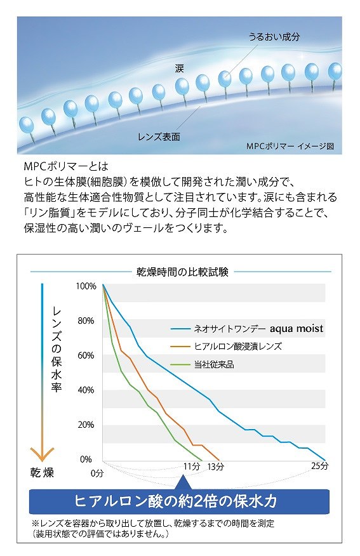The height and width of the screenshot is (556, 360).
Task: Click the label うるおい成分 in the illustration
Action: (x=274, y=37)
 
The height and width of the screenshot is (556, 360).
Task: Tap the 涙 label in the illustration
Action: (x=179, y=66)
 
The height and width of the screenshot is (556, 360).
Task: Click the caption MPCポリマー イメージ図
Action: (x=290, y=146)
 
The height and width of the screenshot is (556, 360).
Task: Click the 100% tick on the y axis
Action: (x=85, y=286)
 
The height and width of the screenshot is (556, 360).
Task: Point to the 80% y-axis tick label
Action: (x=86, y=321)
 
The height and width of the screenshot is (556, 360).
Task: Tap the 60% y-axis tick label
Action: (x=86, y=355)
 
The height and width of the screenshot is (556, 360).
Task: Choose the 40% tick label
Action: (x=86, y=390)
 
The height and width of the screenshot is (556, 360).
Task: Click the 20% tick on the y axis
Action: (x=86, y=425)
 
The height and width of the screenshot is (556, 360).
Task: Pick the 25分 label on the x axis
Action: (x=319, y=467)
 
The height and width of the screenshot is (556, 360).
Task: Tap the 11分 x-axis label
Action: (x=191, y=467)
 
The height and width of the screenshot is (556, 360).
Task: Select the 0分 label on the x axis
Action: (x=97, y=473)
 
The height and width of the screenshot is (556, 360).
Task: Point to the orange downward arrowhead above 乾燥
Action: (x=42, y=453)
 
